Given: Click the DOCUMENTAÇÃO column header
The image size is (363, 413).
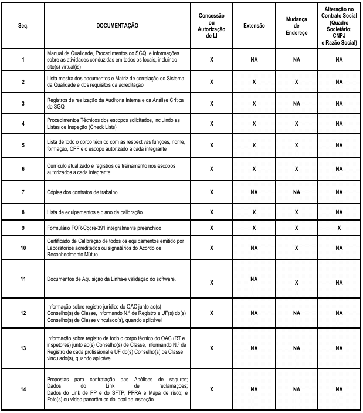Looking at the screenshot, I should (117, 26).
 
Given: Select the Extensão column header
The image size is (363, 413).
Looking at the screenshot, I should (254, 26).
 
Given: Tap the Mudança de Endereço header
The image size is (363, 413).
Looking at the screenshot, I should (297, 26).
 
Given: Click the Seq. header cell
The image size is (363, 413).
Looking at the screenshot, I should (23, 26).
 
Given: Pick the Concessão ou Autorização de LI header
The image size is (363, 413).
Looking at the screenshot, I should (211, 26).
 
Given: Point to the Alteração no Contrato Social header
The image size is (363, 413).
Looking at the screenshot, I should (339, 26).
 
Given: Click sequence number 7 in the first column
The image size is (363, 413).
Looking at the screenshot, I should (23, 192).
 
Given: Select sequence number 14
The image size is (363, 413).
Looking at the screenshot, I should (23, 389).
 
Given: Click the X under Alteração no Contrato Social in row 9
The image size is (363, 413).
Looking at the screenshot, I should (339, 227).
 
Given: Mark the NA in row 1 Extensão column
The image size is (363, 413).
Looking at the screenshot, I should (254, 59).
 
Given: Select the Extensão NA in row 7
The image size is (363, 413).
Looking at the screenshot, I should (254, 192).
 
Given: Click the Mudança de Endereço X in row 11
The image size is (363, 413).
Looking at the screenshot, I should (297, 282).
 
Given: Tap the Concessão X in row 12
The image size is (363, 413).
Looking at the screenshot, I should (211, 313).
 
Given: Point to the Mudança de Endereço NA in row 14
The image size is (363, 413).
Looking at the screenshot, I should (297, 389).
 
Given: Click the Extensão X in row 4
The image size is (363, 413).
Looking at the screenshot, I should (254, 123).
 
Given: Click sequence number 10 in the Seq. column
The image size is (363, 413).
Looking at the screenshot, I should (23, 248).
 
